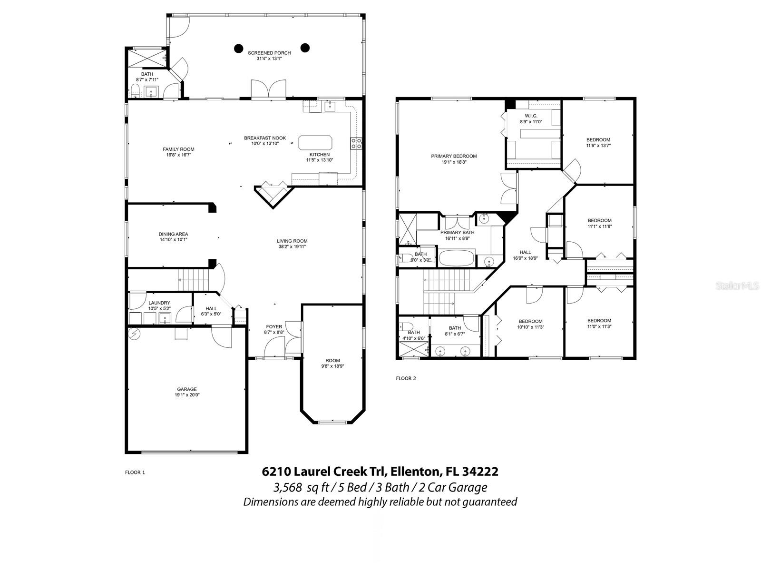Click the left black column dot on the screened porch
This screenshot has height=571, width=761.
[x=238, y=48]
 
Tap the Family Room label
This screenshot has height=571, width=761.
[x=178, y=149]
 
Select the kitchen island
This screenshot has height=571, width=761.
[x=315, y=142]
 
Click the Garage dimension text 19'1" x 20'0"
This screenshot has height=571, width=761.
[x=187, y=395]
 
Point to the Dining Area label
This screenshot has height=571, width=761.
[x=173, y=234]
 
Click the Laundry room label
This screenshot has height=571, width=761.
[x=159, y=303]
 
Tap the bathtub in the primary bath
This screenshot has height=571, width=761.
[x=457, y=259]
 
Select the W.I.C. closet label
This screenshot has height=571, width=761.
[x=531, y=116]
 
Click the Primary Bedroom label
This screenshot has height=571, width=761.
[x=454, y=156]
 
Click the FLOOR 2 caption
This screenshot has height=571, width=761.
[x=406, y=379]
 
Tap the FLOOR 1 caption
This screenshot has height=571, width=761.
[x=135, y=473]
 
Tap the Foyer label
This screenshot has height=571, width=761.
[x=274, y=326]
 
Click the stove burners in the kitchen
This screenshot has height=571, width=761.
[x=356, y=143]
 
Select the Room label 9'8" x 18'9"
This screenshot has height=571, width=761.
[x=332, y=361]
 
